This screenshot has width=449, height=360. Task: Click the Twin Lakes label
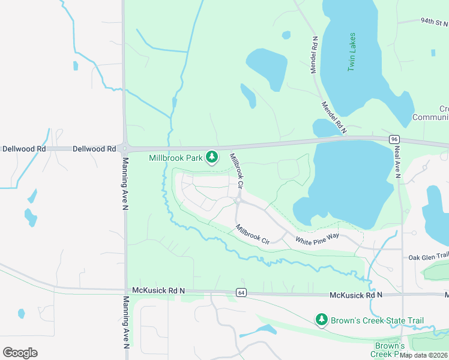(x=352, y=52)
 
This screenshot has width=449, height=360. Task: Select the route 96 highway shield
(x=394, y=139)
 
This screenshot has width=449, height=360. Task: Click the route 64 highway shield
(x=241, y=293)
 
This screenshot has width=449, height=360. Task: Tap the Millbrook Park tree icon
(x=211, y=157)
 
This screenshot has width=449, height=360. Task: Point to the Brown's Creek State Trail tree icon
(x=322, y=320)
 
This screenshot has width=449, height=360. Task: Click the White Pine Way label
(x=317, y=238)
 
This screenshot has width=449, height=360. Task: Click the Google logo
(x=20, y=352)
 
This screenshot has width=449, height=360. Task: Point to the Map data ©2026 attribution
(x=424, y=355)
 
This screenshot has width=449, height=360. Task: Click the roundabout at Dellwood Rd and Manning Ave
(x=125, y=148)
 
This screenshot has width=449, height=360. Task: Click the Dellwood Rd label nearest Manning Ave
(x=95, y=148)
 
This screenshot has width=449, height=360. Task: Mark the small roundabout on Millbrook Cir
(x=238, y=200)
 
